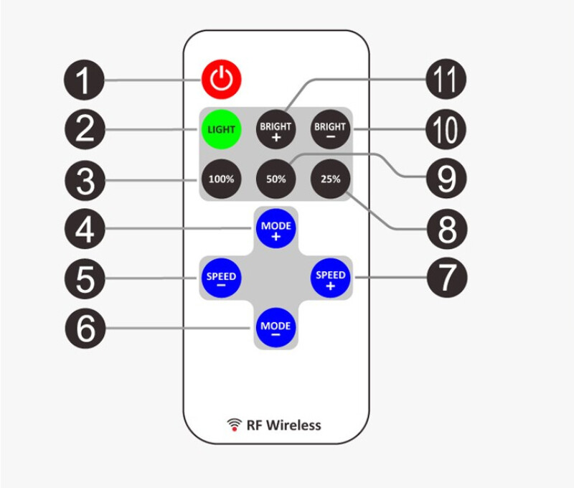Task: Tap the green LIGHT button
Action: coord(221,130)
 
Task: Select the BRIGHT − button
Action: coord(329,130)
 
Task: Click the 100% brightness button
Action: coord(221,179)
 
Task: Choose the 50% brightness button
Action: coord(276,179)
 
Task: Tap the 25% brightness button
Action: coord(329,179)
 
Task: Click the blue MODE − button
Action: coord(276,329)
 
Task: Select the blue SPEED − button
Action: coord(221,278)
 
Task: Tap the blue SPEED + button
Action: coord(330,278)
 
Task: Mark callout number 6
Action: coord(85,329)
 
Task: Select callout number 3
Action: coord(85,179)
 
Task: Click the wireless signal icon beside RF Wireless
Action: coord(234,424)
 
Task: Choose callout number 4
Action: coord(85,229)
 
